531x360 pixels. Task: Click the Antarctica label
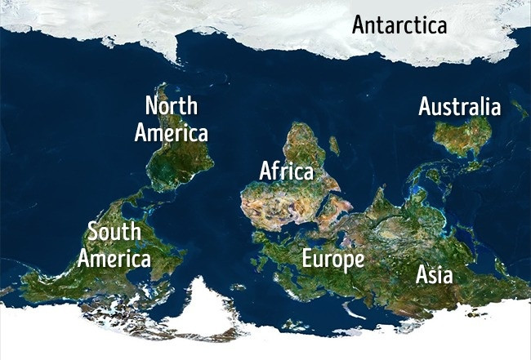coord(399,24)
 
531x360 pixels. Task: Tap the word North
coord(171,105)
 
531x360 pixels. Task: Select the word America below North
coord(172,132)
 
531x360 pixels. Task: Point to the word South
coord(114,232)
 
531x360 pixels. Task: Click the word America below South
coord(114,260)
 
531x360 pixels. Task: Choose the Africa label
coord(287,171)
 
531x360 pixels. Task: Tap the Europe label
coord(332,260)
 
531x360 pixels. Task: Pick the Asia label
coord(434,274)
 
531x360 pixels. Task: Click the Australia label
coord(460,107)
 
